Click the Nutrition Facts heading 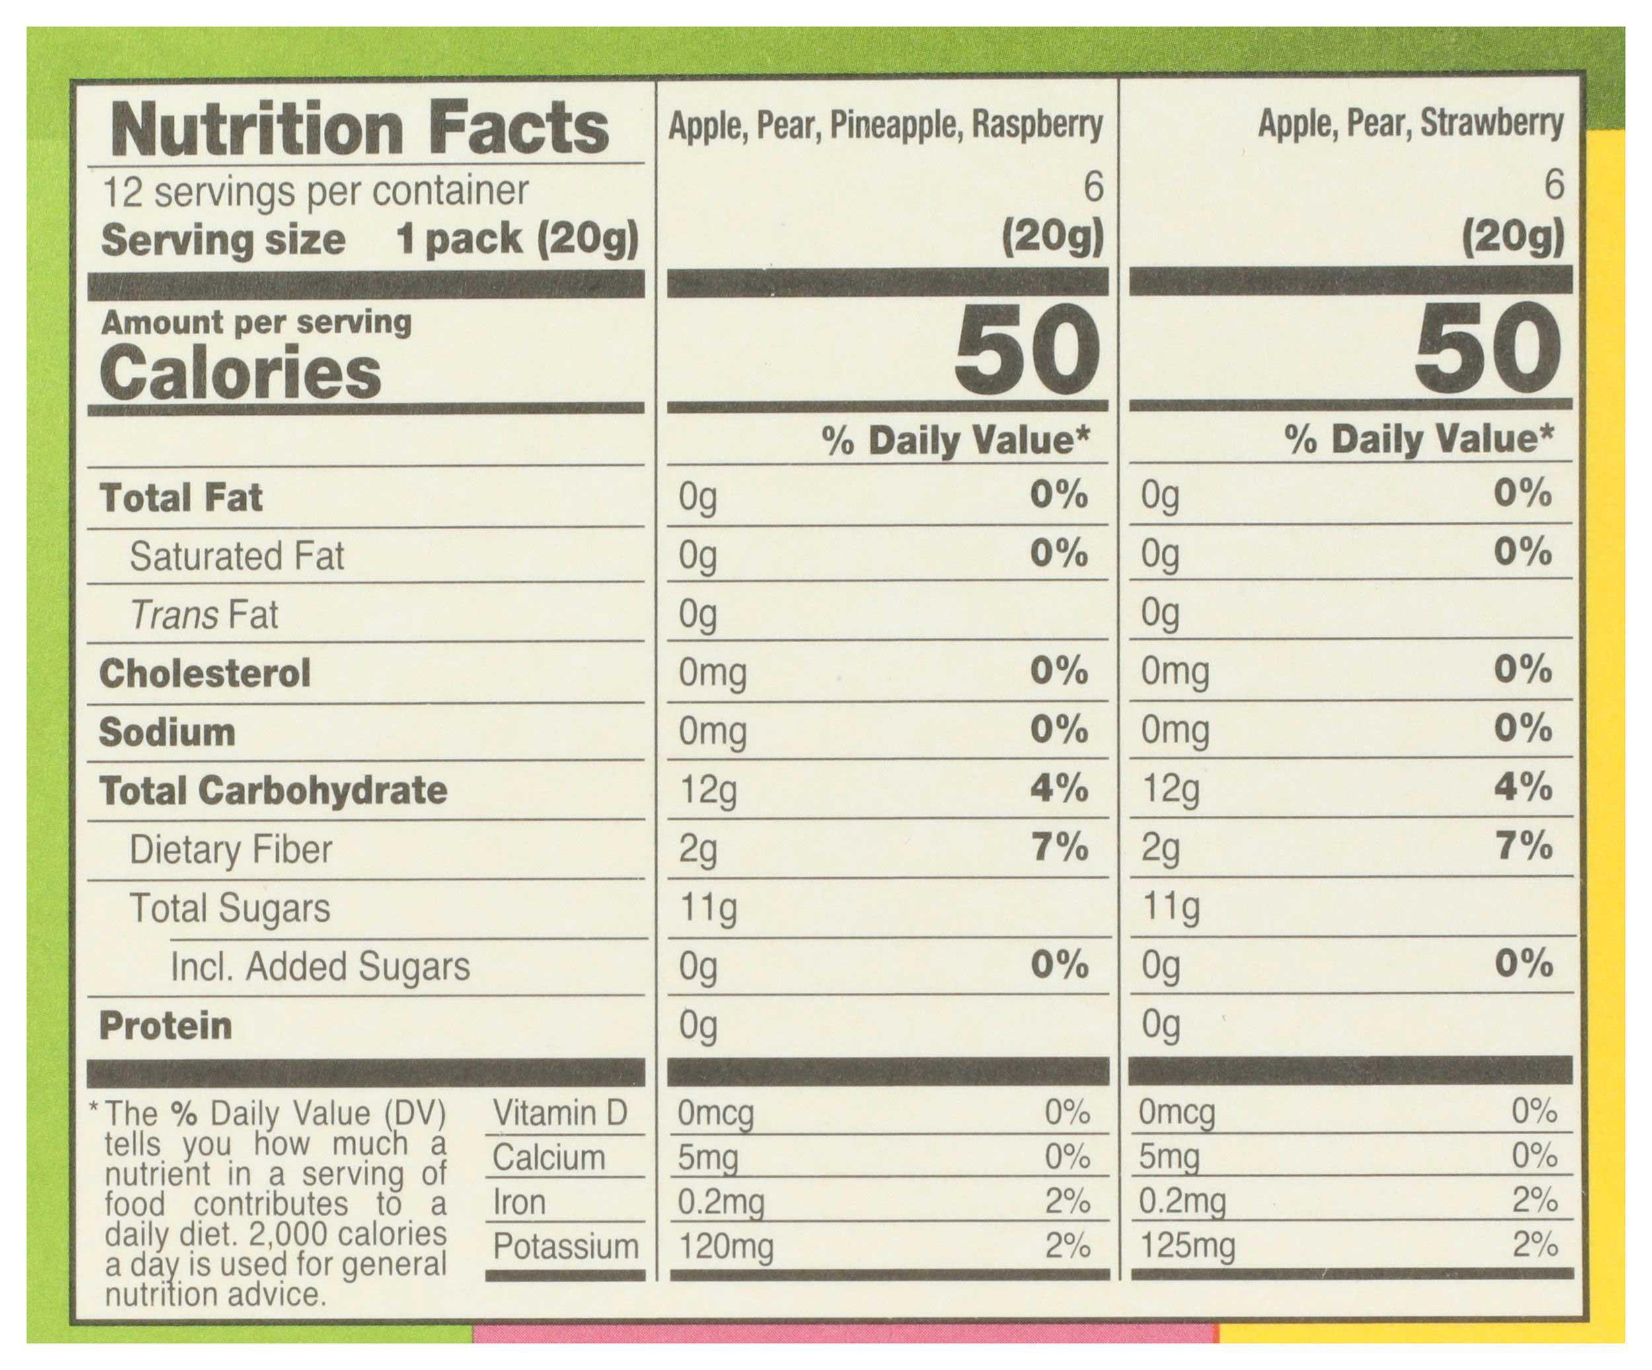point(359,128)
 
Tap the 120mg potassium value point(726,1246)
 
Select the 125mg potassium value point(1187,1245)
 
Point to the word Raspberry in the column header point(1037,125)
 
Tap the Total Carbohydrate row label point(273,791)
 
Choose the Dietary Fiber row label point(231,849)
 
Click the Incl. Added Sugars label point(320,966)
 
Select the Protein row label point(165,1026)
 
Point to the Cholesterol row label point(205,673)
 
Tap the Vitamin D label point(559,1113)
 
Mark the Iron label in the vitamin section point(519,1202)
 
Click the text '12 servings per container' point(315,191)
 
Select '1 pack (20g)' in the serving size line point(517,238)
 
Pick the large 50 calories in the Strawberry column point(1487,350)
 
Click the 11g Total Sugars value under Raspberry point(707,908)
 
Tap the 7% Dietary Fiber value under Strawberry point(1523,847)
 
